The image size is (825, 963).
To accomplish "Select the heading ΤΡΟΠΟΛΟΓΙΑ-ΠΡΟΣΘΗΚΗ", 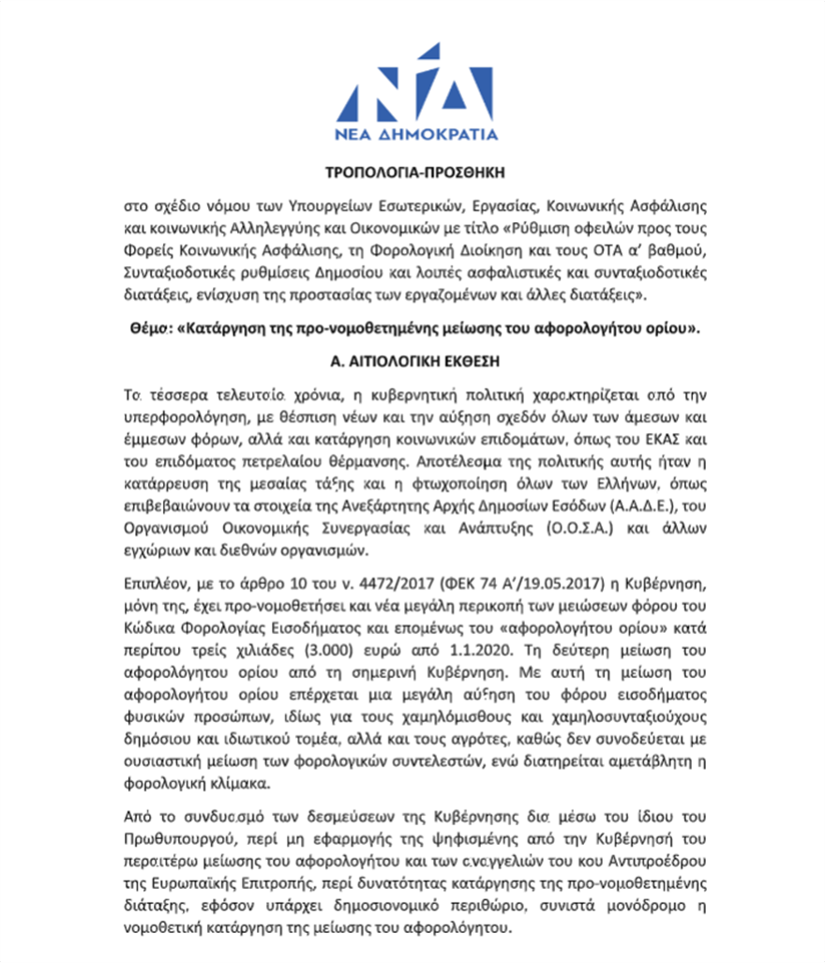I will click(x=412, y=173).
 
